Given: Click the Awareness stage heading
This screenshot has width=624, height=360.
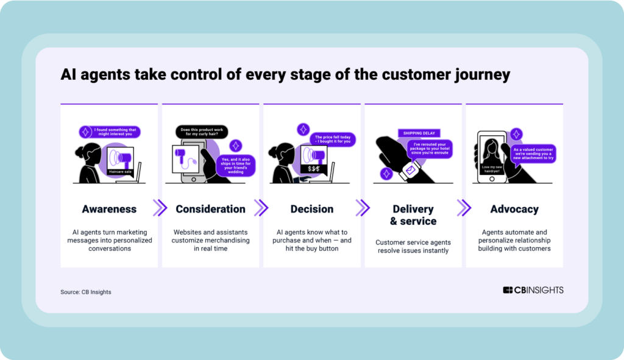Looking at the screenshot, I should pyautogui.click(x=109, y=209).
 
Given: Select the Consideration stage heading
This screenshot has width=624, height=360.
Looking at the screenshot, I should pyautogui.click(x=210, y=209).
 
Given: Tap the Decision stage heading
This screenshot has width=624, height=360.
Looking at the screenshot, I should pyautogui.click(x=312, y=209).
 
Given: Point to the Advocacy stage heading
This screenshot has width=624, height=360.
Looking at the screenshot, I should pyautogui.click(x=514, y=209).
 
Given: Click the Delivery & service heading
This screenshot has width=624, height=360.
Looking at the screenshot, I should pyautogui.click(x=413, y=215).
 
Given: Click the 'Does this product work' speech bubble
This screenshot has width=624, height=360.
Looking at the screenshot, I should pyautogui.click(x=202, y=132).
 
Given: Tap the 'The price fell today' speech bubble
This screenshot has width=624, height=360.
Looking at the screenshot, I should pyautogui.click(x=332, y=139).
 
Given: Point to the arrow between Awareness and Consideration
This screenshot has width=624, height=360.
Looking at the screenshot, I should pyautogui.click(x=160, y=208).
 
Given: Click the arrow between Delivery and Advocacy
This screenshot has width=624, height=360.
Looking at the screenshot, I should pyautogui.click(x=464, y=208).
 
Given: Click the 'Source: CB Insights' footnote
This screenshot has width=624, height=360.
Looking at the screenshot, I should pyautogui.click(x=86, y=292).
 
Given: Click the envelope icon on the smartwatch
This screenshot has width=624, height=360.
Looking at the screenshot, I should pyautogui.click(x=410, y=169).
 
